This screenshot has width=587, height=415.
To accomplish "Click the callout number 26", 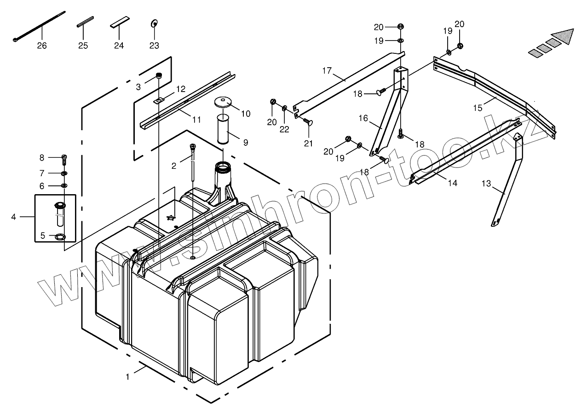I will tap(41, 46).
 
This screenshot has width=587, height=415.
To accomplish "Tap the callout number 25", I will tap(83, 46).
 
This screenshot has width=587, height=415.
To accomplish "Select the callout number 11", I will tap(196, 120).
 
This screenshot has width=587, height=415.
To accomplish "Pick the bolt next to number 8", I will tap(64, 159).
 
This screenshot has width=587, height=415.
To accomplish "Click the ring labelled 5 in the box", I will tap(60, 236).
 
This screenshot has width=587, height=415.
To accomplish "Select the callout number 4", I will tap(13, 216).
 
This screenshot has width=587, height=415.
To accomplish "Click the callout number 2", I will tap(174, 166).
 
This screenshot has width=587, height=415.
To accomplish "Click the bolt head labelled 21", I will tap(308, 122).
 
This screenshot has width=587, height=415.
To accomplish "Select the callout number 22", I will tap(284, 129).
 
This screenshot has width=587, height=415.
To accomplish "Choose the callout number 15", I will tap(478, 108).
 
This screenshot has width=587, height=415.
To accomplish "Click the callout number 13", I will tap(486, 184).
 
